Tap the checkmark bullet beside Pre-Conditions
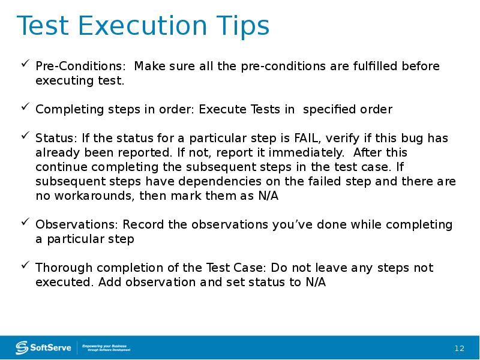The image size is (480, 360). (25, 64)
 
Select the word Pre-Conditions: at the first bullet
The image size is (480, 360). (81, 66)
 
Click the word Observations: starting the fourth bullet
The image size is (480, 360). (77, 224)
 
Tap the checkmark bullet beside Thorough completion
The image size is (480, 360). (25, 265)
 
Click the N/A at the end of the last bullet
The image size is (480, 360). (315, 282)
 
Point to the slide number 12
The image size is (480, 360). (460, 349)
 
